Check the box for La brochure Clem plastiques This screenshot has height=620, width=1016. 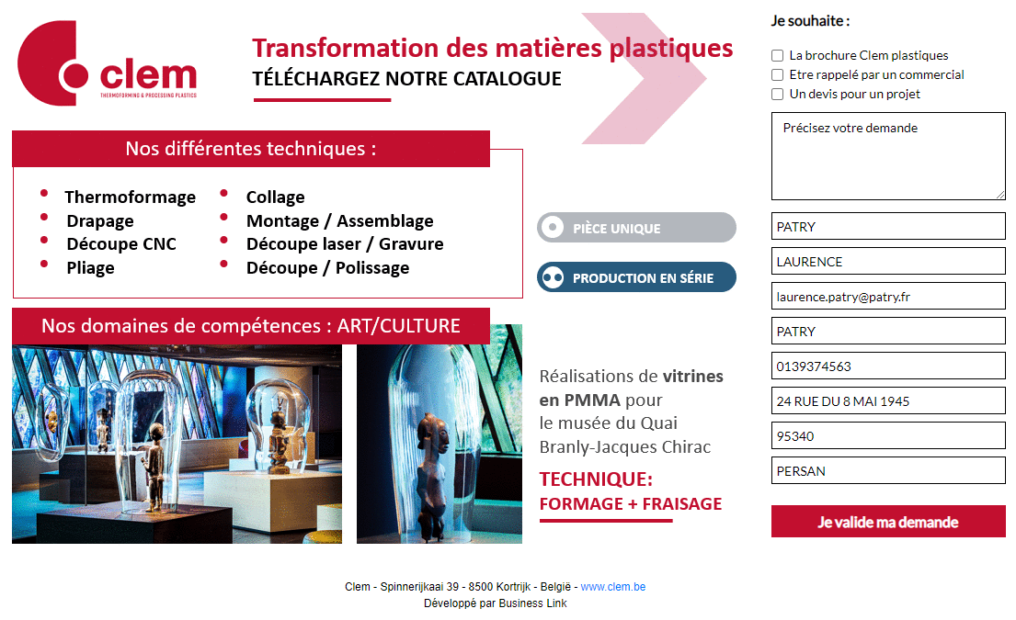pos(778,56)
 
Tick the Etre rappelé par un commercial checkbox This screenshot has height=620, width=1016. pos(778,75)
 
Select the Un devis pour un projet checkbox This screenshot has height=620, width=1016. pos(778,95)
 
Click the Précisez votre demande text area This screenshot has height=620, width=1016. pos(888,156)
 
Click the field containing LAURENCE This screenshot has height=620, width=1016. pos(888,262)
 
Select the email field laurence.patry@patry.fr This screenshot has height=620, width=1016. pos(888,297)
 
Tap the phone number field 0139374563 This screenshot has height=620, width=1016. pos(888,366)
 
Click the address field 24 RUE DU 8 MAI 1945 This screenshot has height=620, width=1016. pos(888,401)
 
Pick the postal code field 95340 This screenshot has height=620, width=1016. pos(888,436)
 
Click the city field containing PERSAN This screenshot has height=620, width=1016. pos(888,471)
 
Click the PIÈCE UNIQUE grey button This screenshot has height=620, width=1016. pos(636,228)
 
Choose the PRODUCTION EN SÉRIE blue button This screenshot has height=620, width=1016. pos(636,277)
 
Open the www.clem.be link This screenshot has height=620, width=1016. pos(613,587)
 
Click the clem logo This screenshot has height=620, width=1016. pos(107,63)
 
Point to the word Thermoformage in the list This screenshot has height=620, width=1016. pos(131,197)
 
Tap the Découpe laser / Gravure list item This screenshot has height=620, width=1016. pos(345,244)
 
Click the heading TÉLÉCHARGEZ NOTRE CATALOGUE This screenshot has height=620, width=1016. pos(407,79)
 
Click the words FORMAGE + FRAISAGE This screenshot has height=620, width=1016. pos(631,504)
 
